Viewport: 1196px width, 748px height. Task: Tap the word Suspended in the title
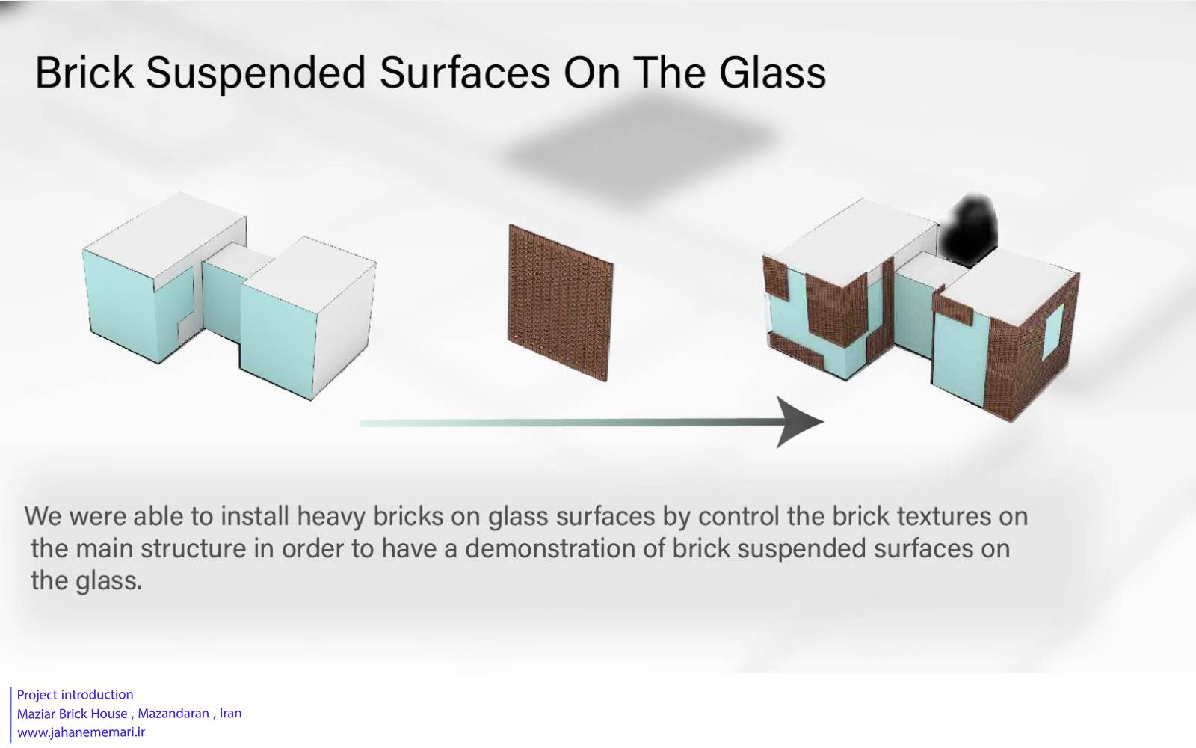pyautogui.click(x=255, y=74)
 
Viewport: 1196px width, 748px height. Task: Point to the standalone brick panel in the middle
pyautogui.click(x=560, y=302)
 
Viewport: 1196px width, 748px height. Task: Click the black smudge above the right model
pyautogui.click(x=969, y=230)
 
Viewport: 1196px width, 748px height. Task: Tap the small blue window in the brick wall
pyautogui.click(x=1053, y=331)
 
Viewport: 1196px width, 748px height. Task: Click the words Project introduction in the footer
pyautogui.click(x=75, y=695)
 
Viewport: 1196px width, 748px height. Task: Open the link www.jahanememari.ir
pyautogui.click(x=81, y=732)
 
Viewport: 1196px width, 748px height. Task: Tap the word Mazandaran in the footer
pyautogui.click(x=173, y=714)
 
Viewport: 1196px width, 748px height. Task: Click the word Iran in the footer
pyautogui.click(x=231, y=714)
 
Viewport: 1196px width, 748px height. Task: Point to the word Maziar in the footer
pyautogui.click(x=36, y=714)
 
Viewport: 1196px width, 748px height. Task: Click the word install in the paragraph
pyautogui.click(x=255, y=516)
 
